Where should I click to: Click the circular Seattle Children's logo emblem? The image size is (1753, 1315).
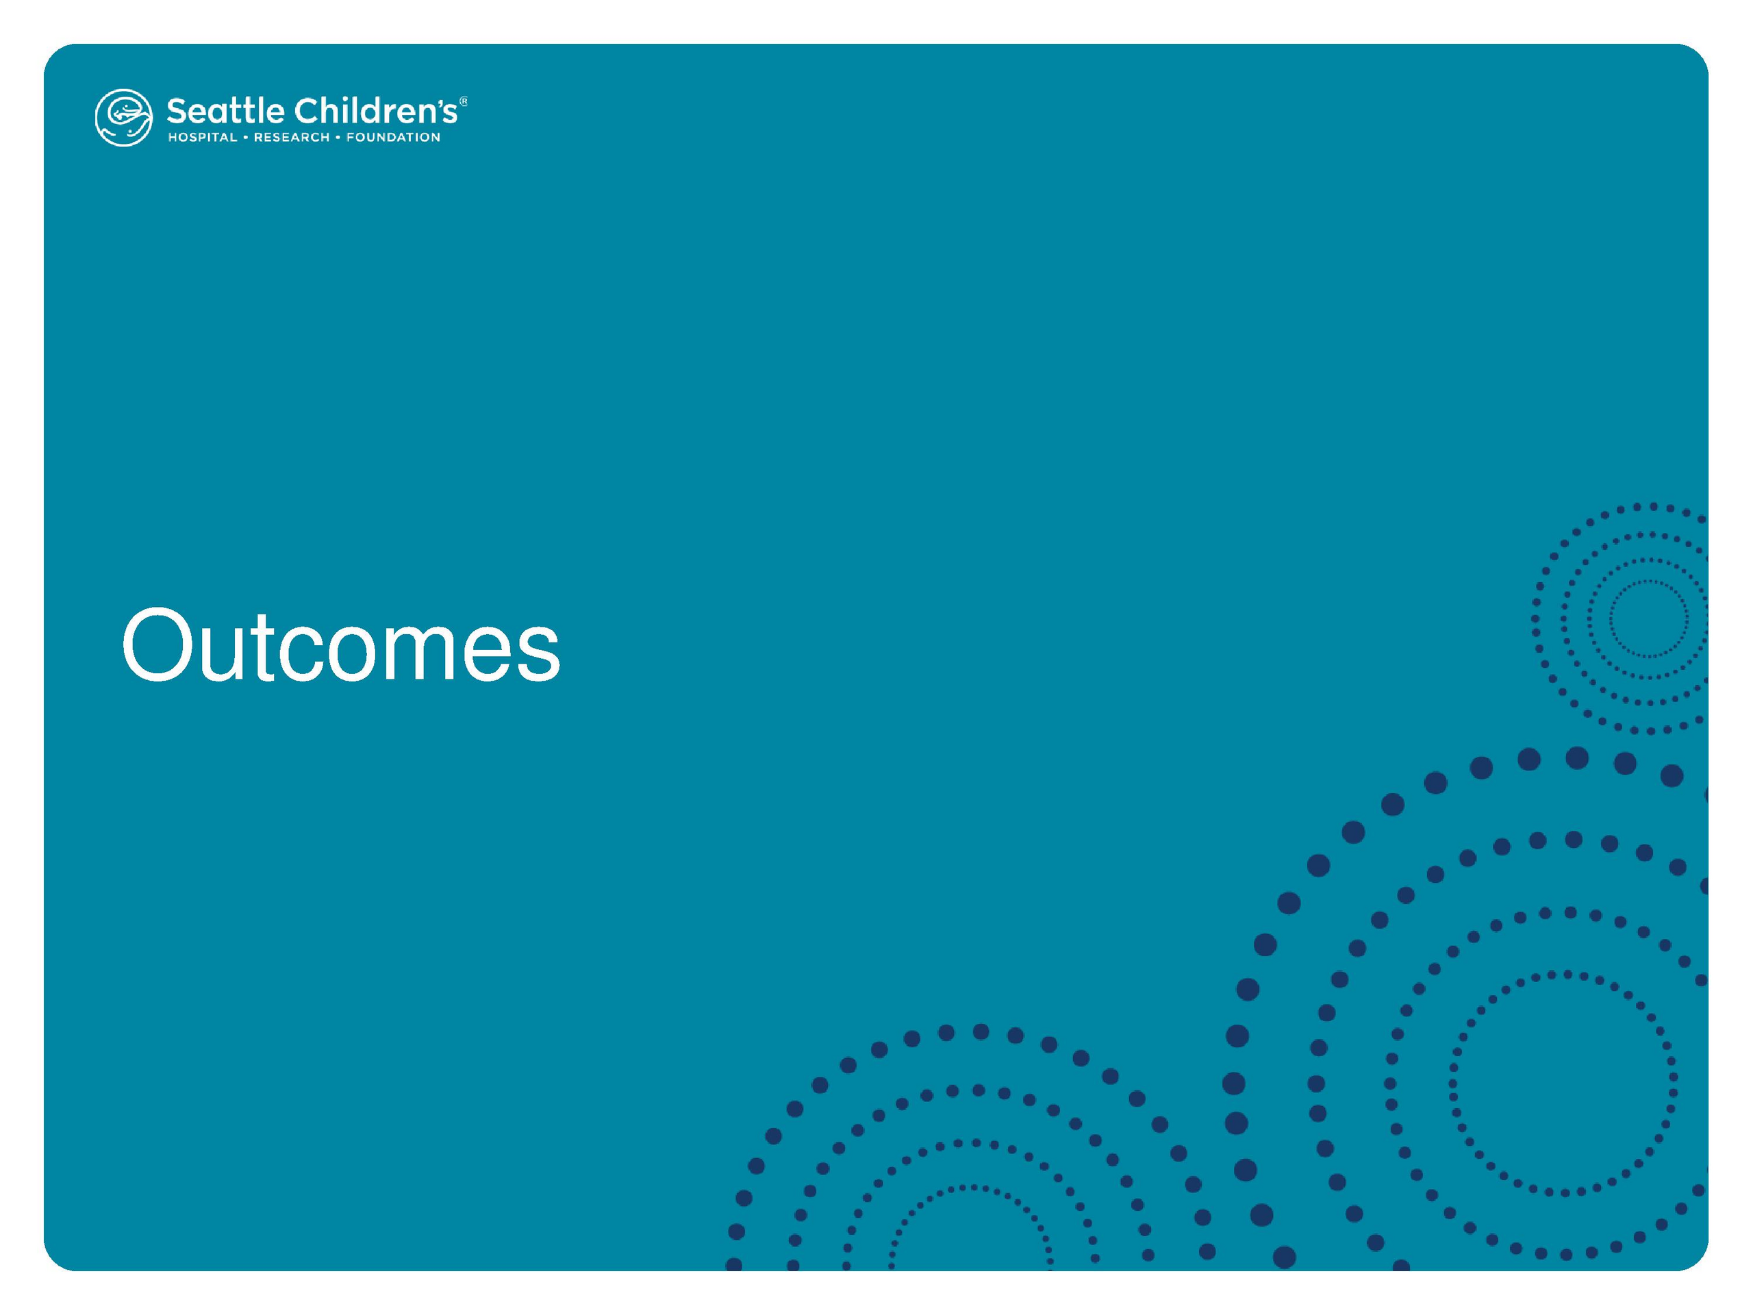(x=124, y=117)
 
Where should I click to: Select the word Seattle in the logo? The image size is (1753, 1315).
(x=225, y=111)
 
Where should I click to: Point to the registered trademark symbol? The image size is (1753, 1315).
(x=464, y=101)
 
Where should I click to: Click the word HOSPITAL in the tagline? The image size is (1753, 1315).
(x=202, y=137)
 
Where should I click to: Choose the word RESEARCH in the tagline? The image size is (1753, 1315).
(x=292, y=137)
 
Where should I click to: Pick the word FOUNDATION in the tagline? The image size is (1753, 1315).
(x=393, y=137)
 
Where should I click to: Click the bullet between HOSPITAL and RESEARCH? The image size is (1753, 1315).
(x=246, y=137)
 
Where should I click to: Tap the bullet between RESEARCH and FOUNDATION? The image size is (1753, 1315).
(x=338, y=137)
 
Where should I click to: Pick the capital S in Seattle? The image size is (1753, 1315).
(x=177, y=112)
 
